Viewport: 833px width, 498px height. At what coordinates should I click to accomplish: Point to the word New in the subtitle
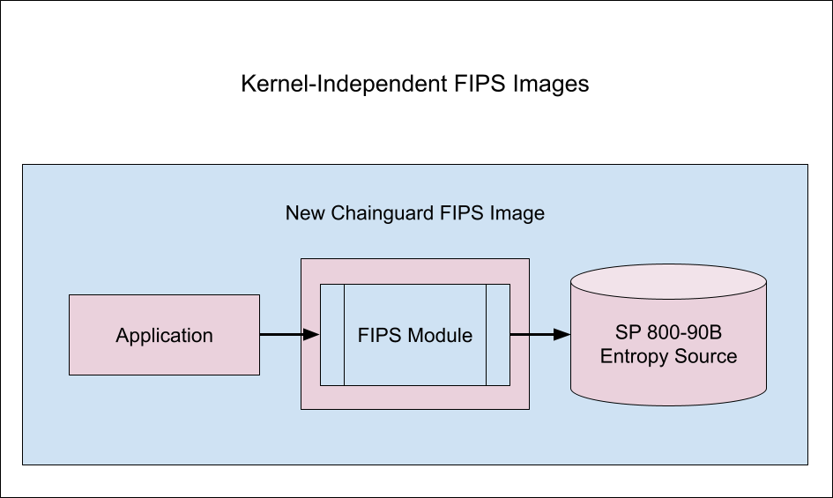(x=303, y=213)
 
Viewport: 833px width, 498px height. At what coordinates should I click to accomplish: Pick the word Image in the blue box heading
(x=519, y=213)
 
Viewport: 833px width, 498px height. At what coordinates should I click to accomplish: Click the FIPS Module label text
(x=415, y=335)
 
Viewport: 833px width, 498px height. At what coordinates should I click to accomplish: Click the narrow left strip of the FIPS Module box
(x=332, y=335)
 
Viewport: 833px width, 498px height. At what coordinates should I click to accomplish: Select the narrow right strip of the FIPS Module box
(x=498, y=335)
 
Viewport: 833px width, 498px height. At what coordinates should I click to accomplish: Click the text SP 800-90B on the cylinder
(x=668, y=335)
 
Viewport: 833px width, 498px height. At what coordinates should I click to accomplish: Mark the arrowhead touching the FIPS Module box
(x=310, y=334)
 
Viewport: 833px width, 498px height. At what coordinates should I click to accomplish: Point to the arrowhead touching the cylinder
(x=562, y=334)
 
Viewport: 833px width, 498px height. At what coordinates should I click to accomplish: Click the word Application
(x=164, y=335)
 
